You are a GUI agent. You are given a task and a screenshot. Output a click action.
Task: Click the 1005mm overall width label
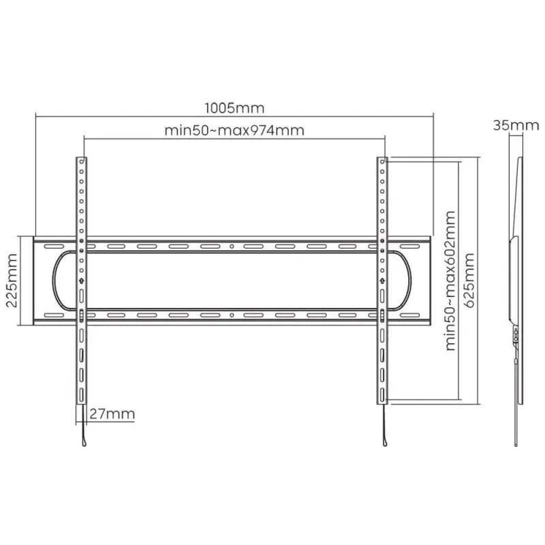(234, 108)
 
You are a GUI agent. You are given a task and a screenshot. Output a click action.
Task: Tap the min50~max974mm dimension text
(234, 130)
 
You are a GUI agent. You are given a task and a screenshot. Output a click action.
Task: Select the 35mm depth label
(516, 125)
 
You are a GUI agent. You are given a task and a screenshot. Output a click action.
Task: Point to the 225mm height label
(12, 281)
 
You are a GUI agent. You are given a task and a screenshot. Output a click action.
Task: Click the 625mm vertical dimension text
(469, 281)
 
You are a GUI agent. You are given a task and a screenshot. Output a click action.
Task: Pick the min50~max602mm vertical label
(451, 281)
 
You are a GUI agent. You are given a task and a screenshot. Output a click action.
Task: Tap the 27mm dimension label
(112, 414)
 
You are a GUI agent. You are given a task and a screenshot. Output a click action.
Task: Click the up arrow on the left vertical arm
(81, 280)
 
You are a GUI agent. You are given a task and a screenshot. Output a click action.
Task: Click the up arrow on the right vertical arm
(382, 280)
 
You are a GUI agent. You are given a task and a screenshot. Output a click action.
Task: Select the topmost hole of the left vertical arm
(82, 161)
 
